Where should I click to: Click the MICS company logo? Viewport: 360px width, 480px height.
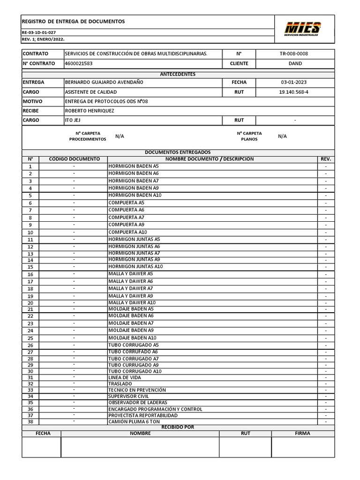coord(304,29)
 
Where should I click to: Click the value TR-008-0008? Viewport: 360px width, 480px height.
coord(294,53)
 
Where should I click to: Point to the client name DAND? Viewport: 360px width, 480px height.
coord(295,63)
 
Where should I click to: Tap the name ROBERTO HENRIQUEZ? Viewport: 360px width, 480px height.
coord(89,111)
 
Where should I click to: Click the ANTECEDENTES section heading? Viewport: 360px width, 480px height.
coord(178,74)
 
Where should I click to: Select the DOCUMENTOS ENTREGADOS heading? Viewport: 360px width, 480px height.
coord(178,152)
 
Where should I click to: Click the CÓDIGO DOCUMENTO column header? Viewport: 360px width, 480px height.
coord(74,159)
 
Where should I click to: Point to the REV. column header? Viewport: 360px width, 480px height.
coord(326,159)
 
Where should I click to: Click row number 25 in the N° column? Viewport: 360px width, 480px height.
coord(30,338)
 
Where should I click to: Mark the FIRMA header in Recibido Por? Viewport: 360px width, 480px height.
coord(302,434)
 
